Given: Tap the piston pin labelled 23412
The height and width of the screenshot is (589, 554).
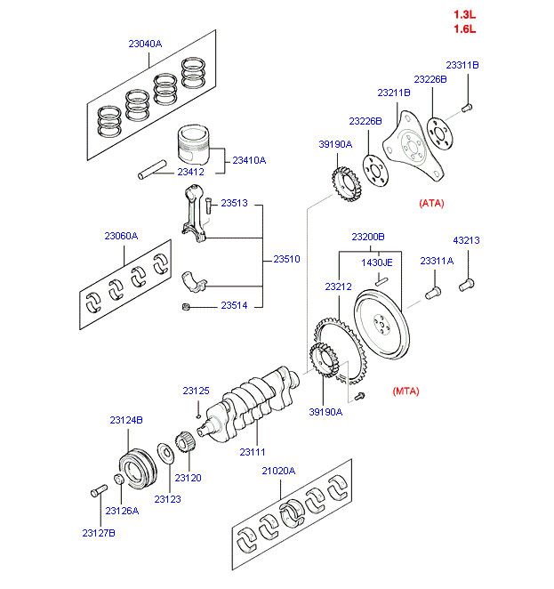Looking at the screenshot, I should pos(157,168).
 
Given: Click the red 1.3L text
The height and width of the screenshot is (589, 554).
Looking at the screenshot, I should pos(465,14).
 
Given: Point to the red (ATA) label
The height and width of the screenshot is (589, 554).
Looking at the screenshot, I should pos(431,203).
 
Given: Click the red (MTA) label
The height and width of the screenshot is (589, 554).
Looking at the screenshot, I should pos(405,391).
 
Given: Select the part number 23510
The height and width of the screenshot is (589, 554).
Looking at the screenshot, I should pos(286,259).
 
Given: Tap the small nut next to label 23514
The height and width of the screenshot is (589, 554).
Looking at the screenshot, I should pos(185,307).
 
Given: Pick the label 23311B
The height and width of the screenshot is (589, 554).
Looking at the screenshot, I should pos(462,65).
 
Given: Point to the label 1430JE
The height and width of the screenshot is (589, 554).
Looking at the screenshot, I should pos(376,262).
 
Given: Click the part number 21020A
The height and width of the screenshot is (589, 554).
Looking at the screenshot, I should pos(278,471).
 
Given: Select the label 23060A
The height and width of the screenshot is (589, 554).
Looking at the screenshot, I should pos(121,236).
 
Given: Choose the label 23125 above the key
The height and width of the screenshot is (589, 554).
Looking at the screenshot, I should pos(197,391).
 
